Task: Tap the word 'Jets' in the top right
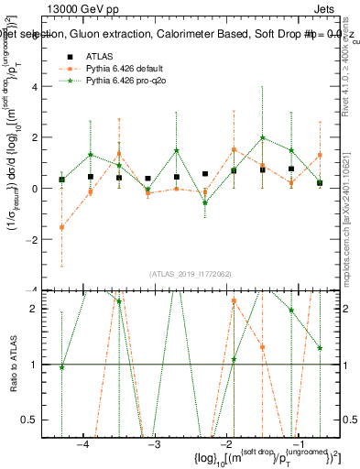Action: tap(311, 10)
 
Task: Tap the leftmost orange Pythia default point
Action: tap(61, 226)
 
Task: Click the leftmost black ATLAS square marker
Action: tap(61, 180)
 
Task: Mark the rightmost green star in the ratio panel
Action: tap(319, 348)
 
